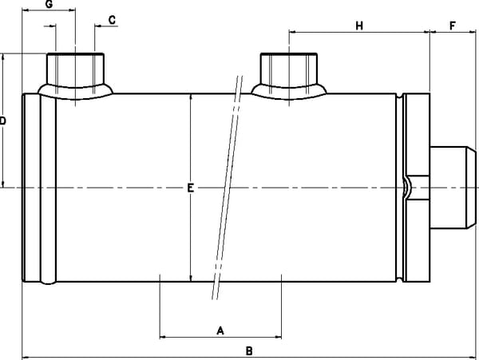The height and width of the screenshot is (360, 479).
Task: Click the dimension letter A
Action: pyautogui.click(x=221, y=329)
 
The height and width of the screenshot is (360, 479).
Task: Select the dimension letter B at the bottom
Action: pyautogui.click(x=249, y=350)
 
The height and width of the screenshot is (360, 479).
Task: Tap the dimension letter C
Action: pyautogui.click(x=112, y=19)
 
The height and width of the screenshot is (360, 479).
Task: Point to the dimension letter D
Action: pyautogui.click(x=3, y=121)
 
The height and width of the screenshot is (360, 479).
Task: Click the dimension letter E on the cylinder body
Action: pyautogui.click(x=190, y=188)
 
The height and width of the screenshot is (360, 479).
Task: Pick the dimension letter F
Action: pyautogui.click(x=453, y=26)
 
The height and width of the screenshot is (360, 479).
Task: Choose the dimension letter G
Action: pyautogui.click(x=49, y=5)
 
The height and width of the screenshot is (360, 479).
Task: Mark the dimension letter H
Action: pyautogui.click(x=359, y=26)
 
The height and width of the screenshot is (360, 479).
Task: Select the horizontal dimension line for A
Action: pyautogui.click(x=192, y=337)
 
